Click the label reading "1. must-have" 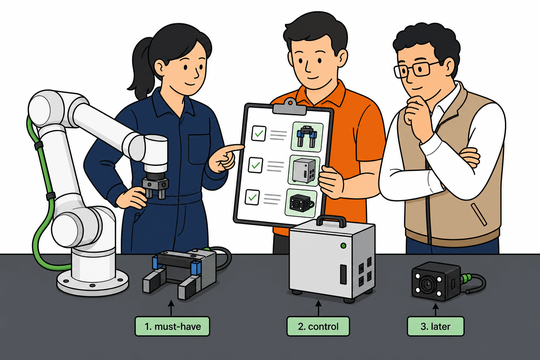coord(172,326)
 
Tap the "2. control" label coord(318,326)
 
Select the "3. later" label coord(435,326)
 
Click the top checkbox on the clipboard coord(259,133)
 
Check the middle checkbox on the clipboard coord(255,165)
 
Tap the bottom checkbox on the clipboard coord(252,198)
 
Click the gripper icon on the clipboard coord(307,137)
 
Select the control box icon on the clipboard coord(304,171)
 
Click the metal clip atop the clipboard coord(290,108)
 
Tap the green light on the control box coord(343,246)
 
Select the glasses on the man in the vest coord(415,69)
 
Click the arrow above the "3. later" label coord(435,310)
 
